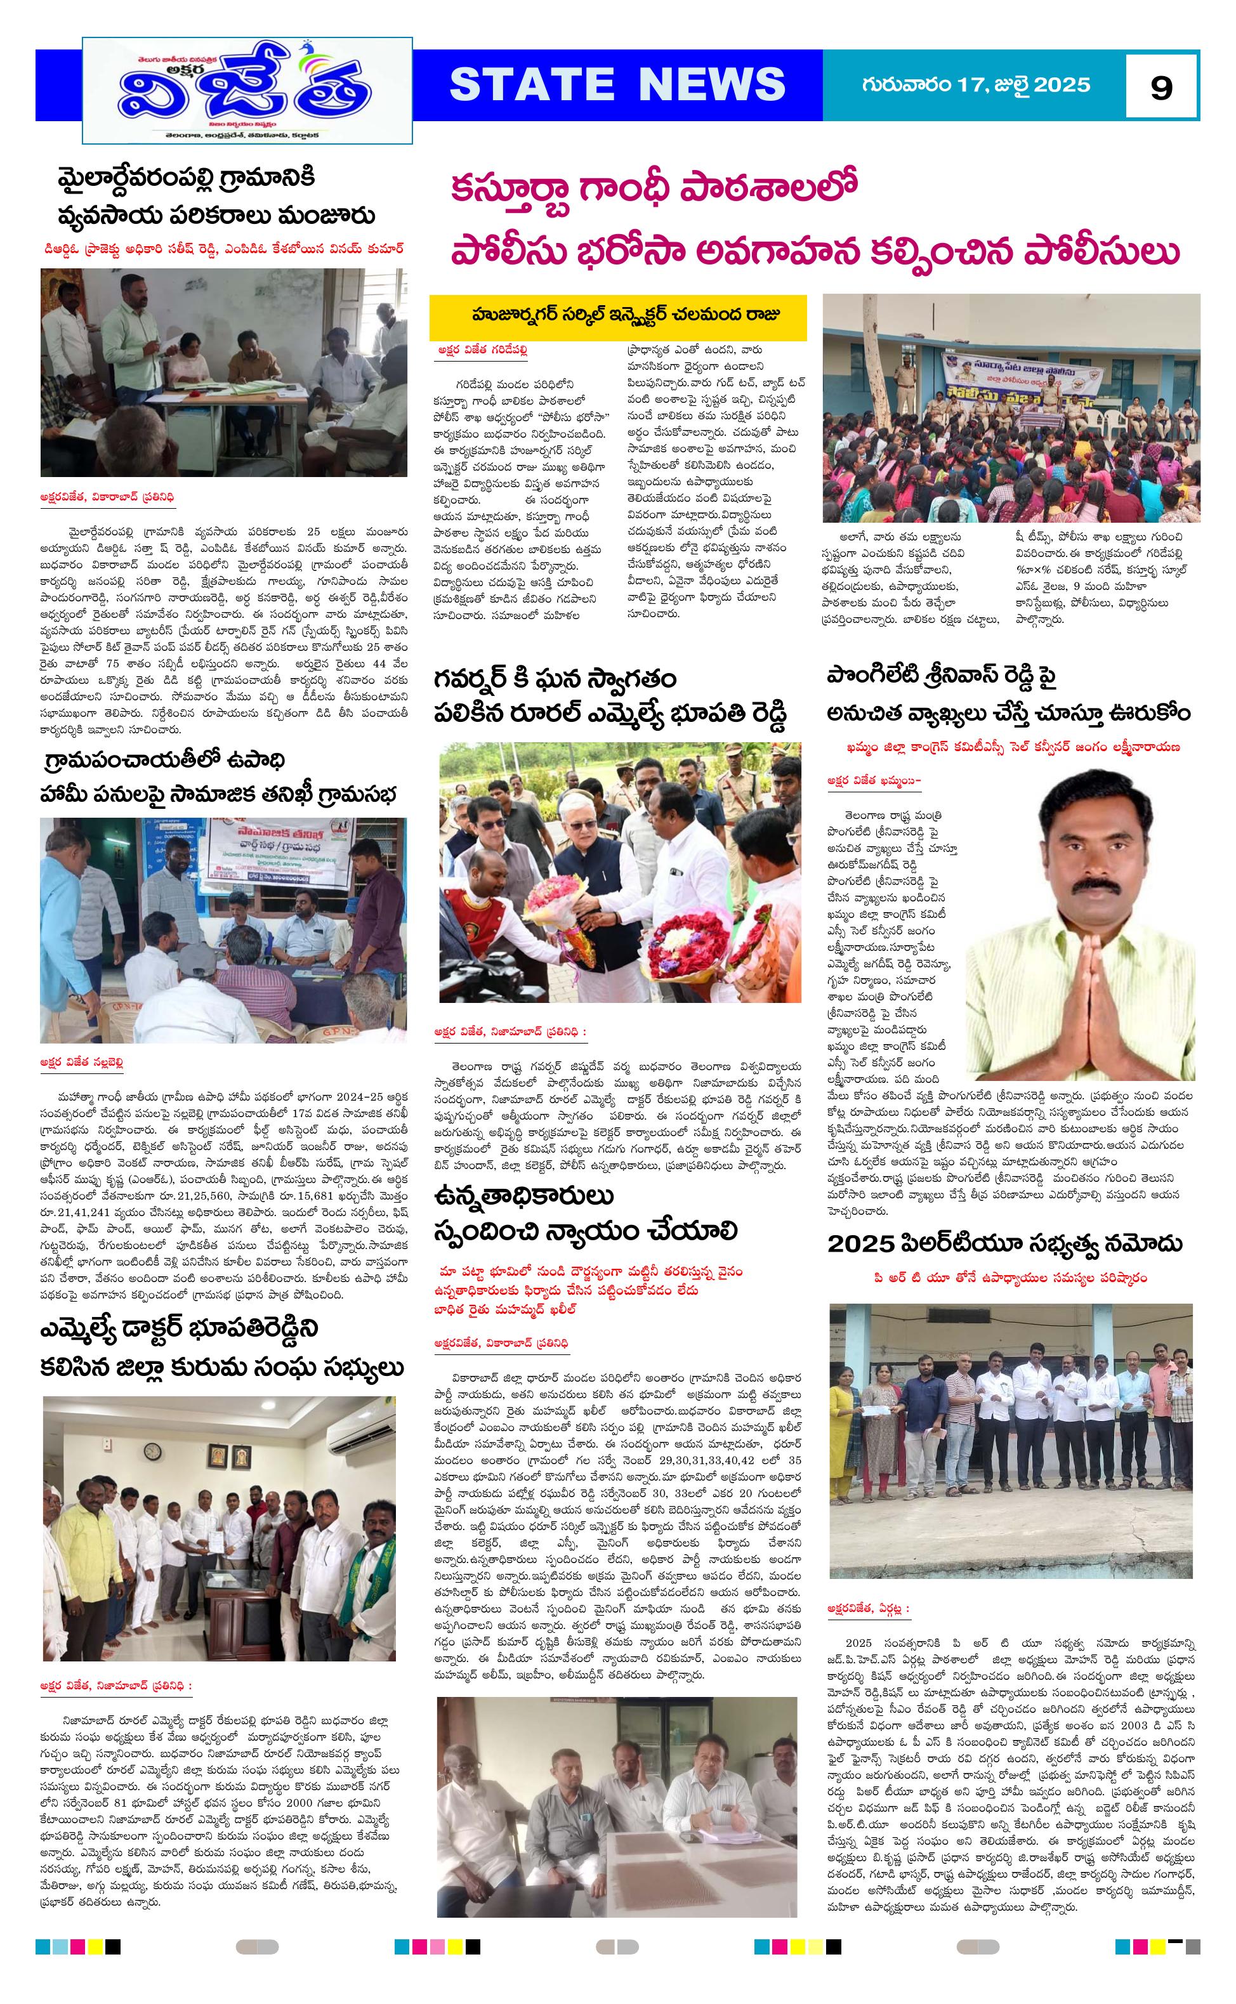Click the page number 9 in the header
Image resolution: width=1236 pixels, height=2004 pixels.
pyautogui.click(x=1160, y=87)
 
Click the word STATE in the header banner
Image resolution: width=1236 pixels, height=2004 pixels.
pyautogui.click(x=531, y=84)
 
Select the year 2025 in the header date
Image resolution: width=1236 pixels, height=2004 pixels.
pyautogui.click(x=1062, y=85)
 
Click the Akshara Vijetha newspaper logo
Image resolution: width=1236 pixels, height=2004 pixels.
pyautogui.click(x=247, y=90)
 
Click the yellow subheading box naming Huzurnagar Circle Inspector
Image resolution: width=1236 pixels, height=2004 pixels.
pyautogui.click(x=619, y=317)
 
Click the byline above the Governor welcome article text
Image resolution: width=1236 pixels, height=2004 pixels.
pyautogui.click(x=510, y=1032)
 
